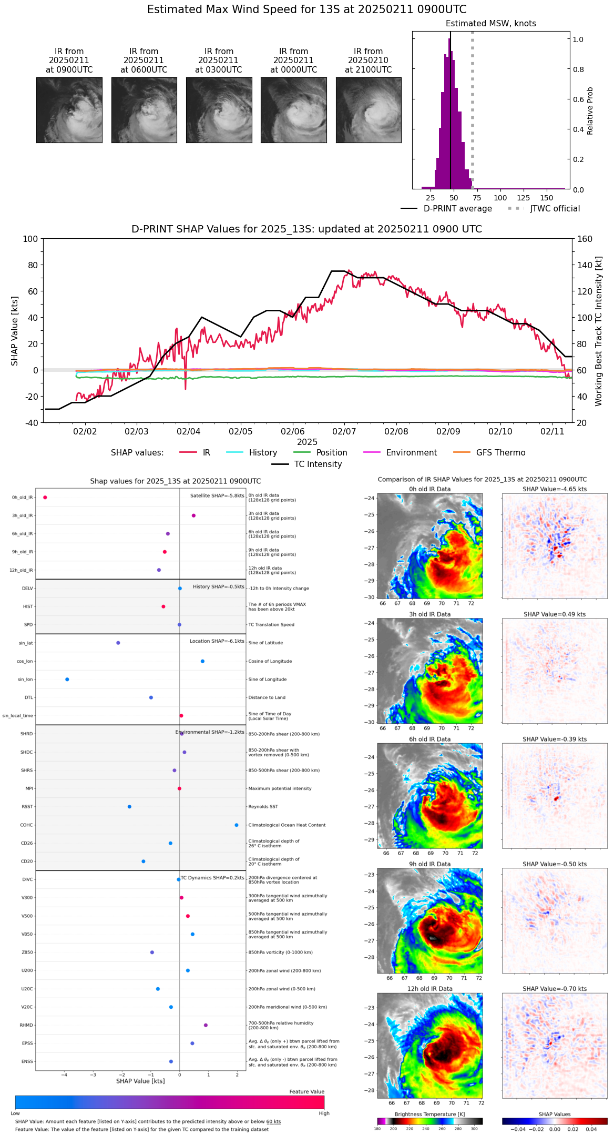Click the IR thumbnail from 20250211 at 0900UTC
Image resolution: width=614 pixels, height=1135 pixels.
point(69,110)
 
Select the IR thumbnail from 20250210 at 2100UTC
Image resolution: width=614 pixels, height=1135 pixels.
point(369,110)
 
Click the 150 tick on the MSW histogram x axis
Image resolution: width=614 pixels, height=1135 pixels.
point(547,198)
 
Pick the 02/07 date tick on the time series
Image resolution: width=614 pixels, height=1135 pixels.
point(344,431)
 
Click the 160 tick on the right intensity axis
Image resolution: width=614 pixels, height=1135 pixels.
point(585,239)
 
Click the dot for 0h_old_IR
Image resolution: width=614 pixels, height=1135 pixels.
point(45,498)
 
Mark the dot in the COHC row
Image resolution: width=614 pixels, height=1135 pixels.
point(237,825)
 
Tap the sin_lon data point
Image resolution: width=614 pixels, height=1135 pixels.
point(67,680)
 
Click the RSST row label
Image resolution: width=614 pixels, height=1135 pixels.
point(27,807)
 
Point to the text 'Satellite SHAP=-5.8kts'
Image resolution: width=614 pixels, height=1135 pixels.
point(217,495)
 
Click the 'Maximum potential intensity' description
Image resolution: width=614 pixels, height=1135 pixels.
point(280,788)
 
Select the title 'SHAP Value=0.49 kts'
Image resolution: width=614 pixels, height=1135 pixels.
point(555,614)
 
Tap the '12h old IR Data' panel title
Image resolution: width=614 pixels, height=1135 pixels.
point(429,989)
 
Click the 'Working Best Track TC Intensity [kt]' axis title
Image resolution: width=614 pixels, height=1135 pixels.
point(599,331)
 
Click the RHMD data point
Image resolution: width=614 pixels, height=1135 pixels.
point(206,1025)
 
